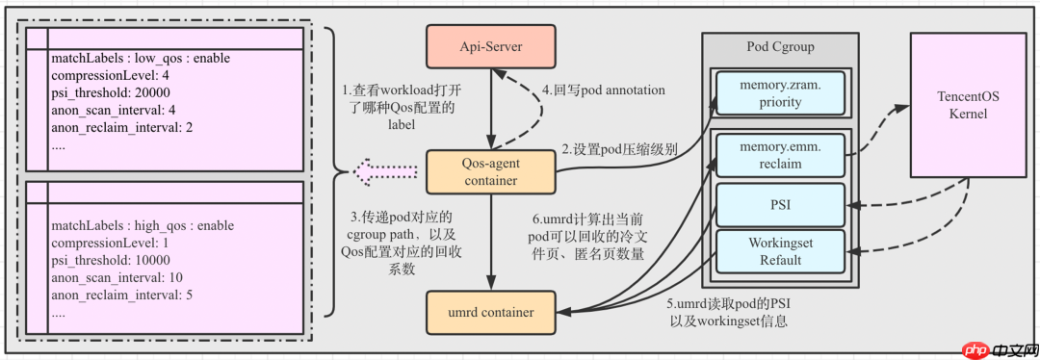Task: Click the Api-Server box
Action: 492,44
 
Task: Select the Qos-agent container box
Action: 492,171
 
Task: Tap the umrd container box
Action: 492,312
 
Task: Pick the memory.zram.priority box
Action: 778,92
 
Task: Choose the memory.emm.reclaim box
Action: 778,155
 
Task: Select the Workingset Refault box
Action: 778,251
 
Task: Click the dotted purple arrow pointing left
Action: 385,172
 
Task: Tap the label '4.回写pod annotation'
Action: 604,90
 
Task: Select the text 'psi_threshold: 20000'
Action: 111,92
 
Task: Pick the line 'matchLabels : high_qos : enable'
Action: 143,225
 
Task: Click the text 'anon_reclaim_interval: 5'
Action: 122,295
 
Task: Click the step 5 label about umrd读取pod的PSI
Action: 728,312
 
